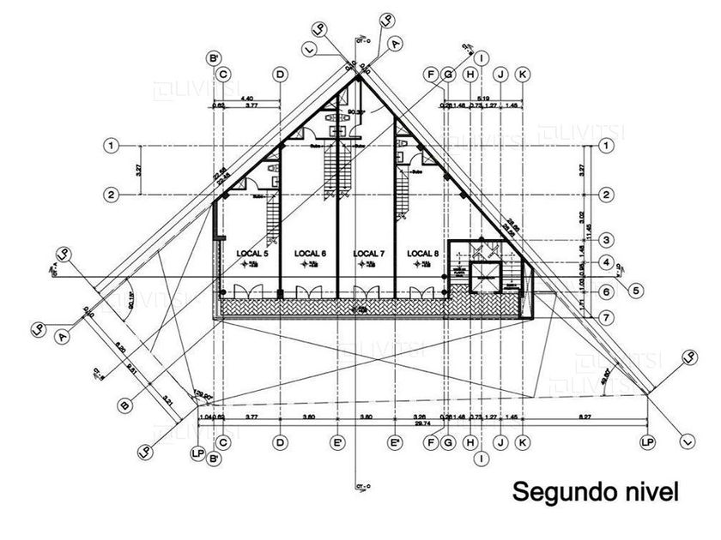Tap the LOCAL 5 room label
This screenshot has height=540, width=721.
pos(253,254)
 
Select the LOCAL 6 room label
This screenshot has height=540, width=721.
pos(310,254)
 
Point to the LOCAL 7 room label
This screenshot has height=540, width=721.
pos(367,254)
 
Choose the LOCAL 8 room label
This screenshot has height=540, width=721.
pos(423,254)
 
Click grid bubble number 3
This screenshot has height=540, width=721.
pos(606,239)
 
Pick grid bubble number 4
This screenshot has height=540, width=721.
pos(606,262)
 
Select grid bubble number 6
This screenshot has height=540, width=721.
pos(606,292)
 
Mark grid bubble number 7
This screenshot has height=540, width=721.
pos(606,317)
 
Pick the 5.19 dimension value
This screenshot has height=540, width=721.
pos(482,99)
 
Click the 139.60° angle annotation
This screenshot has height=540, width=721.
pos(202,396)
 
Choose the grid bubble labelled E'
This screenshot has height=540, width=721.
pos(338,442)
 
